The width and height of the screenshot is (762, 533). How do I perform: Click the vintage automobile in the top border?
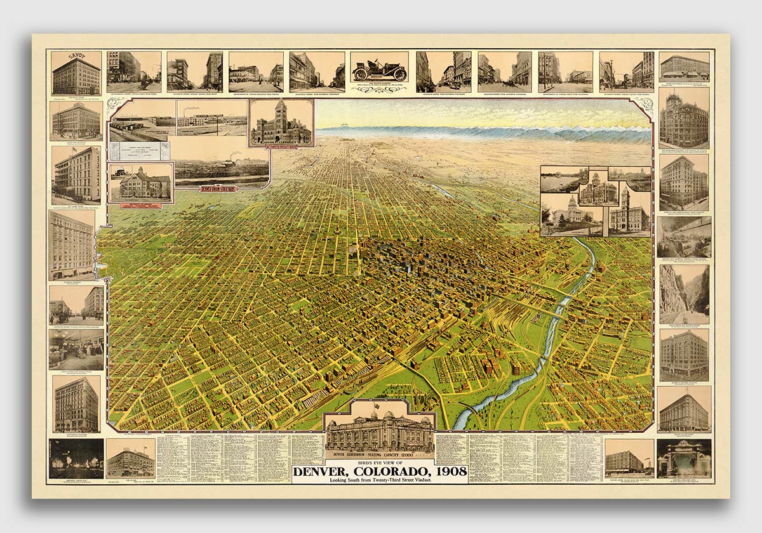(379, 70)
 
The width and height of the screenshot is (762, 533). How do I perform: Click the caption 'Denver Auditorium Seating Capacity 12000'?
(379, 454)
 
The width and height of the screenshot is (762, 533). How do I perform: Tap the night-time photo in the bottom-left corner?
(76, 458)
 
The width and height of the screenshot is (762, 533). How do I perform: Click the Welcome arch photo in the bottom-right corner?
(684, 458)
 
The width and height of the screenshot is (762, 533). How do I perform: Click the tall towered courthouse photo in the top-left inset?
(281, 122)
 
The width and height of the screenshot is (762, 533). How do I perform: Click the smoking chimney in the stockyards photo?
(233, 154)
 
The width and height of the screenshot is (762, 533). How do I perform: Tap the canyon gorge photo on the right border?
(684, 294)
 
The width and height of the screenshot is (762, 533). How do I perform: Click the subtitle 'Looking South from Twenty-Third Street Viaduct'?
(379, 480)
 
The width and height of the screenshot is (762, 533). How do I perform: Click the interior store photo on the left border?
(76, 349)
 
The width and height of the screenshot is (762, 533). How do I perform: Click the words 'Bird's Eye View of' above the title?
(379, 463)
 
